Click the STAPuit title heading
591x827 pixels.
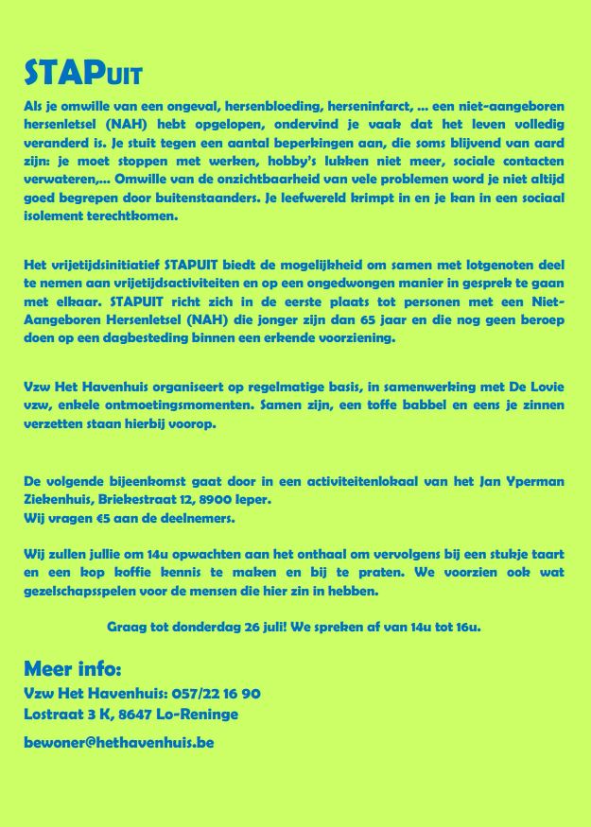pos(83,74)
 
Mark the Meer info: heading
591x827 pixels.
pos(73,670)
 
